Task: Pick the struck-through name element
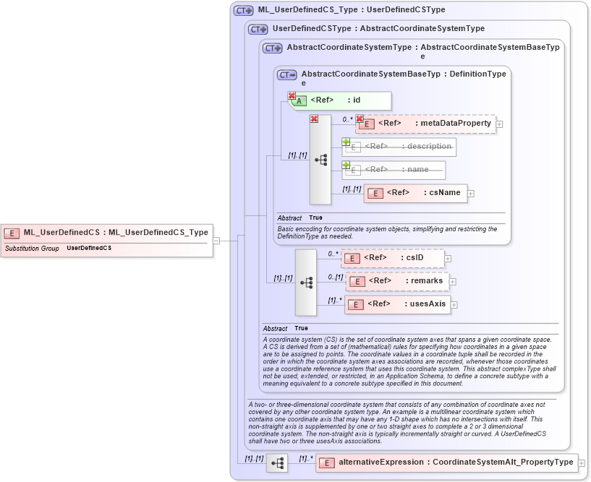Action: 394,170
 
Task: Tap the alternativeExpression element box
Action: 446,462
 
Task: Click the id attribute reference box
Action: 341,100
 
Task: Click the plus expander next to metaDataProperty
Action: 499,124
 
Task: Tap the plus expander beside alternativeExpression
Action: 582,463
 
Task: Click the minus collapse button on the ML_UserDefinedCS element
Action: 216,241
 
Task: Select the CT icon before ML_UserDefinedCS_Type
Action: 243,11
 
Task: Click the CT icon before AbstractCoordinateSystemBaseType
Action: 287,74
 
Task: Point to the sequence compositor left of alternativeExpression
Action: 276,462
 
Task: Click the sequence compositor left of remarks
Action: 306,283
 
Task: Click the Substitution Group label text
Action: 32,248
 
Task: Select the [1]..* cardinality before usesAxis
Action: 335,300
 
